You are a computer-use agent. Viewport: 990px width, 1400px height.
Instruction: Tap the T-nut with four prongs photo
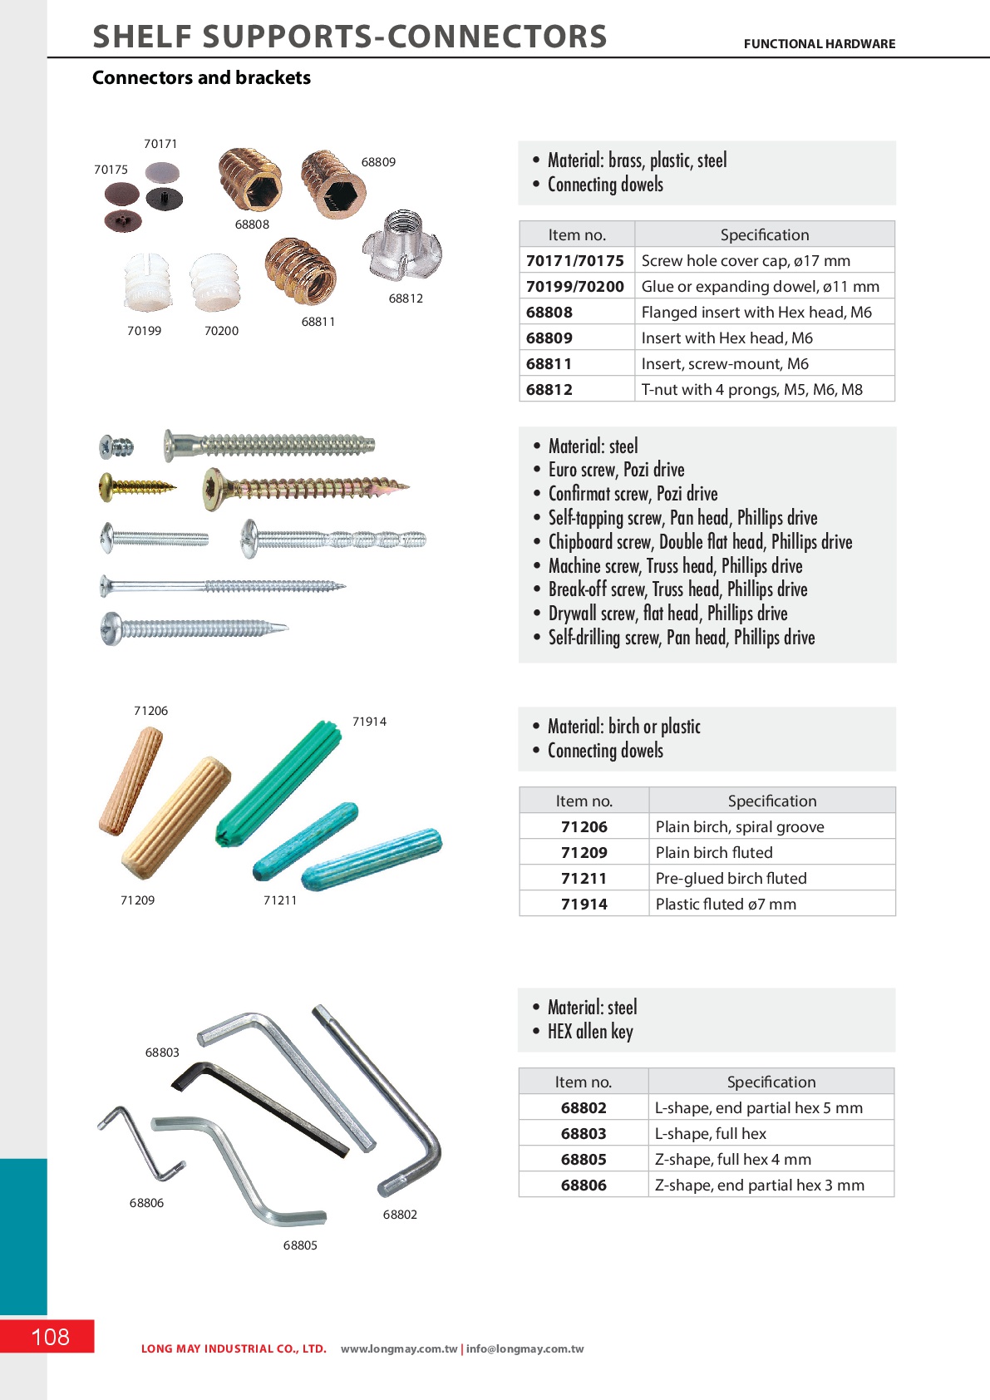coord(401,246)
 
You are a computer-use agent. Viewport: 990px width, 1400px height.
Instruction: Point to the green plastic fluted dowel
coord(278,782)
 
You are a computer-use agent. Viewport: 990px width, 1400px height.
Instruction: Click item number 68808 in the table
coord(549,313)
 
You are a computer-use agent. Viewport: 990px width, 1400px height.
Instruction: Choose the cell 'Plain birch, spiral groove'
coord(740,826)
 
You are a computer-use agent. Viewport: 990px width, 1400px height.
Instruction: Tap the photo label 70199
coord(144,331)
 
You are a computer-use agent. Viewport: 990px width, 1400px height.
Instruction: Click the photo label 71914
coord(369,722)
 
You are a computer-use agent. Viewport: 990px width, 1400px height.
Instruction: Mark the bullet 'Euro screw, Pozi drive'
coord(616,470)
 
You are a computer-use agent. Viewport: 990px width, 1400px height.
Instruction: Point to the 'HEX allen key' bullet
coord(590,1032)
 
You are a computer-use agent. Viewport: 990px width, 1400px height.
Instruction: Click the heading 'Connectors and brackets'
coord(201,77)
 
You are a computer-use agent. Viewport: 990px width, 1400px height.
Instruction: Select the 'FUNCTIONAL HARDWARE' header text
coord(819,44)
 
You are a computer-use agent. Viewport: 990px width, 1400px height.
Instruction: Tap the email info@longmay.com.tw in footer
coord(525,1349)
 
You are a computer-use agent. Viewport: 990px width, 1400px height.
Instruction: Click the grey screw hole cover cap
coord(161,172)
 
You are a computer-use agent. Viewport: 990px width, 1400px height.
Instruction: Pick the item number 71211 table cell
coord(584,878)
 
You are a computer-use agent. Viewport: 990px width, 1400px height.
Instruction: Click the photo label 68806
coord(146,1203)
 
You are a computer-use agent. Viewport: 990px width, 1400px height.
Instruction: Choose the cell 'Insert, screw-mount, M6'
coord(725,363)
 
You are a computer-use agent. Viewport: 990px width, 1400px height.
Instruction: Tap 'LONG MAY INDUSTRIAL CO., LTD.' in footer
coord(234,1349)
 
